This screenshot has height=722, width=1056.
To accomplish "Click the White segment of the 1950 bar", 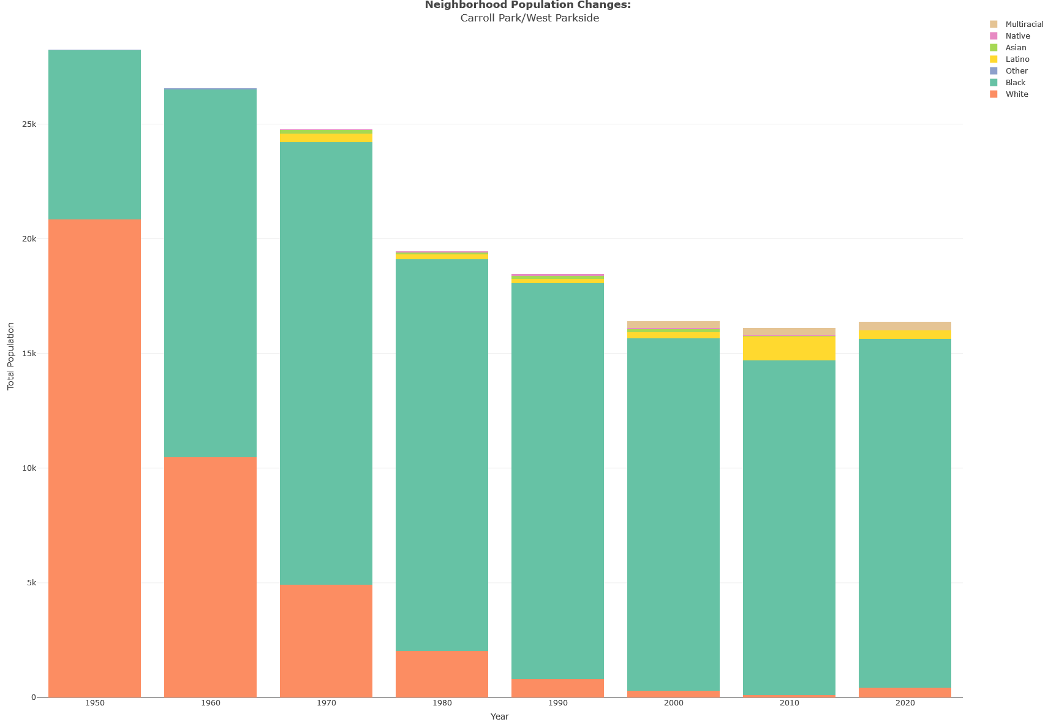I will pyautogui.click(x=94, y=458).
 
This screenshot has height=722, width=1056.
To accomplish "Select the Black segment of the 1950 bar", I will pyautogui.click(x=94, y=134).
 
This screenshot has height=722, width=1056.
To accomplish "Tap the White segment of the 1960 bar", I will pyautogui.click(x=210, y=577).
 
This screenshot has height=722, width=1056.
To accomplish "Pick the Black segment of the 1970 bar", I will pyautogui.click(x=326, y=363).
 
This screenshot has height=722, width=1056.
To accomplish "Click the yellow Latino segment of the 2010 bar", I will pyautogui.click(x=789, y=348).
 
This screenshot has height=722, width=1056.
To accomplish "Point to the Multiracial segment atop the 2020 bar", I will pyautogui.click(x=905, y=326).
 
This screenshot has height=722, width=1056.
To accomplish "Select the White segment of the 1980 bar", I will pyautogui.click(x=442, y=674).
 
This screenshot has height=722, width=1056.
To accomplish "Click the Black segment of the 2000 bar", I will pyautogui.click(x=673, y=514).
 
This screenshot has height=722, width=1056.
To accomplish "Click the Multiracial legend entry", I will pyautogui.click(x=1024, y=25).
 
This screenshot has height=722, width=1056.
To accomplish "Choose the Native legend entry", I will pyautogui.click(x=1017, y=36).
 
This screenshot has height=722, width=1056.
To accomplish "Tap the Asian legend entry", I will pyautogui.click(x=1016, y=48).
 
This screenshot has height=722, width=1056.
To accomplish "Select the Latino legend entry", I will pyautogui.click(x=1017, y=59).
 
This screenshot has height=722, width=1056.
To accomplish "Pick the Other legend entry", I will pyautogui.click(x=1016, y=71).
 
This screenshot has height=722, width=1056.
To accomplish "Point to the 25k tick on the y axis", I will pyautogui.click(x=29, y=124).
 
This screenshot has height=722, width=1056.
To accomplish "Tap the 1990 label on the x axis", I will pyautogui.click(x=557, y=703).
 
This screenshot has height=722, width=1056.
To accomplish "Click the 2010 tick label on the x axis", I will pyautogui.click(x=789, y=703).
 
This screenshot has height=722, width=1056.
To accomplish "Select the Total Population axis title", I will pyautogui.click(x=10, y=356).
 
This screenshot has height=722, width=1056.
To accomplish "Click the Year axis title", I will pyautogui.click(x=499, y=716).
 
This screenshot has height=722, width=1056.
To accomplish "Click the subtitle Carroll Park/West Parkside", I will pyautogui.click(x=529, y=18).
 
